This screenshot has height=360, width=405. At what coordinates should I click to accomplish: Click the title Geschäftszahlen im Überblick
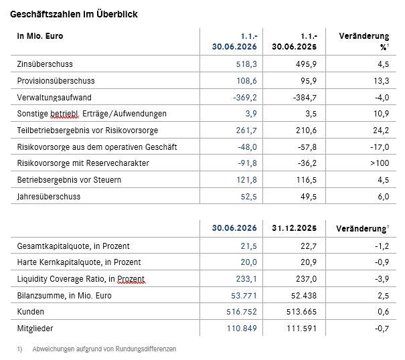(x=74, y=14)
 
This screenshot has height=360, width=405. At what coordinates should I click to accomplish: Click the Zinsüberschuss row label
(x=45, y=64)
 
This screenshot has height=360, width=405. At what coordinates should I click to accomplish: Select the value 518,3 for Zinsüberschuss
(x=246, y=64)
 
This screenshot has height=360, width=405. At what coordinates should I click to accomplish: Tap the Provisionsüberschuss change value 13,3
(x=381, y=81)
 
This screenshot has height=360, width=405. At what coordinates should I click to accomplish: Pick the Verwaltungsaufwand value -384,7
(x=305, y=98)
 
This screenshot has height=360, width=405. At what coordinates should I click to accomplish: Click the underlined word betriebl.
(x=64, y=114)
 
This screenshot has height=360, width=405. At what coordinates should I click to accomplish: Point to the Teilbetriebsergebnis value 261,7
(x=246, y=130)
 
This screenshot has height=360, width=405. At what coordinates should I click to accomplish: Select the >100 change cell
(x=380, y=163)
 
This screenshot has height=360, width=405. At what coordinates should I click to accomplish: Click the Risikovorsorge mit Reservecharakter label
(x=83, y=163)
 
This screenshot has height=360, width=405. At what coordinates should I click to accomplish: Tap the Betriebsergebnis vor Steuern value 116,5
(x=307, y=180)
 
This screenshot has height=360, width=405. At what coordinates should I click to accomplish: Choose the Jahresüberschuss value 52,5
(x=249, y=197)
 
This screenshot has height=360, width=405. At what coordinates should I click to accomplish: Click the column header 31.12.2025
(x=294, y=228)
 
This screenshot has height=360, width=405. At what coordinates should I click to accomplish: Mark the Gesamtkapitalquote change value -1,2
(x=382, y=246)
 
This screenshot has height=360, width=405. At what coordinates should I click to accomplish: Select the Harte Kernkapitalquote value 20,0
(x=249, y=262)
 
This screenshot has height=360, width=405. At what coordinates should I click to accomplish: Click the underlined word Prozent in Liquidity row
(x=131, y=279)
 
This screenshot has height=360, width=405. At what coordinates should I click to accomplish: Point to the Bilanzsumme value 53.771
(x=244, y=296)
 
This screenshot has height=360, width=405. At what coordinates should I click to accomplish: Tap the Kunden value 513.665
(x=301, y=312)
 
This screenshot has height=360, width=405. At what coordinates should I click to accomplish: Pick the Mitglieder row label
(x=35, y=329)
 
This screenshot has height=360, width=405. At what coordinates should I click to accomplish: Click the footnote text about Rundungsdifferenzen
(x=104, y=349)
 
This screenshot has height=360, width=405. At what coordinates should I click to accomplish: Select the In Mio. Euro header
(x=40, y=36)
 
